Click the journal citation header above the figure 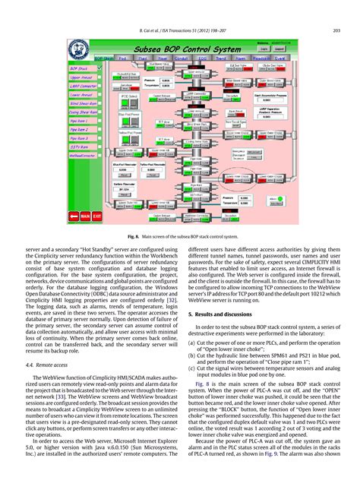tap(180, 10)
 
